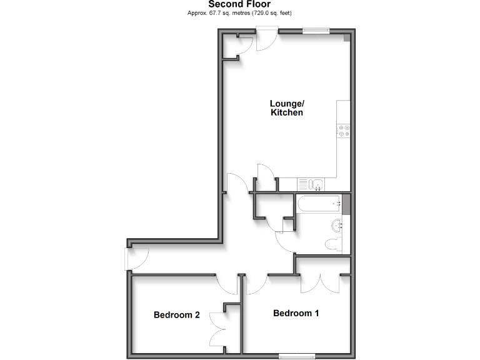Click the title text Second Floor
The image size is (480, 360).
[239, 4]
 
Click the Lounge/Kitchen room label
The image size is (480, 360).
[287, 108]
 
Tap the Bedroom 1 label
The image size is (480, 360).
[296, 313]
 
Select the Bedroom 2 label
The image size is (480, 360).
[177, 315]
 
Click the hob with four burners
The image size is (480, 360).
[344, 131]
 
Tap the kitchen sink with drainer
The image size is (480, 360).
[310, 184]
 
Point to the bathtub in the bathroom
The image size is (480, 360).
[319, 204]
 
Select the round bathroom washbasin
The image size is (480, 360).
[336, 225]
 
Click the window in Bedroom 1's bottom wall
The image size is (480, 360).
[297, 356]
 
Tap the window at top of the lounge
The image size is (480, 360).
[316, 29]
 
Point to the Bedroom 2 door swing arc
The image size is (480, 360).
[226, 284]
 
